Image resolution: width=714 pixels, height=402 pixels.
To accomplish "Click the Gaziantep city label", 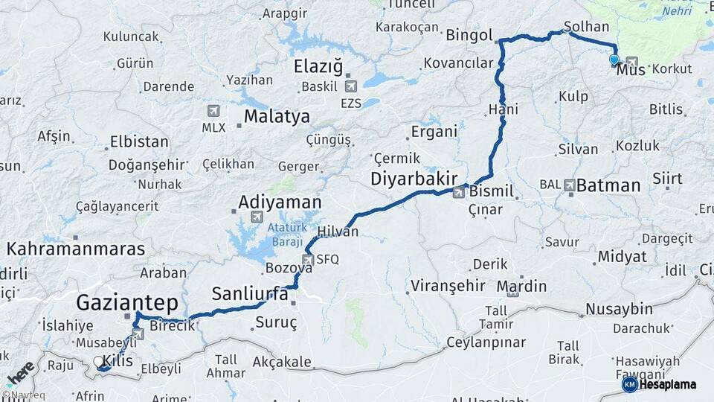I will coord(126,302).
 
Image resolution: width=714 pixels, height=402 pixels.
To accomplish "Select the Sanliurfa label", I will coord(249,293).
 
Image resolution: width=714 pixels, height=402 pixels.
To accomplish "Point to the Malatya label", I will coord(276,117).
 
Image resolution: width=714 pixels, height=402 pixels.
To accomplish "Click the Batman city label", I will coord(608,185).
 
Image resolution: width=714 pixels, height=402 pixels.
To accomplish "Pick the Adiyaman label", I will coord(279,202).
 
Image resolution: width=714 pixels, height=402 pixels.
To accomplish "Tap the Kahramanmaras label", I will coord(76,249).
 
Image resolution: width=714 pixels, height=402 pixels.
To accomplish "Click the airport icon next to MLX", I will coord(213,111).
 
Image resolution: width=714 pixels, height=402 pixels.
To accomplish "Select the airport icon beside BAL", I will coord(569,184).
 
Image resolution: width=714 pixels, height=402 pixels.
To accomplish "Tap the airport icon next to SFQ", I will coord(307,259).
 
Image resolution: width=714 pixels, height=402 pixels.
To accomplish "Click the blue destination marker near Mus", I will coord(614,60).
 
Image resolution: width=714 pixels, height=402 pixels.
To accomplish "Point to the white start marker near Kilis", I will coord(99,362).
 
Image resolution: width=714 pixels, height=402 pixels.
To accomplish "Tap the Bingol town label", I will coord(469,35).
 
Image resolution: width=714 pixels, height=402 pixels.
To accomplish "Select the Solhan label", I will coord(586,26).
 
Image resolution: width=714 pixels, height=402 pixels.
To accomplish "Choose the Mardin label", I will coord(521,286).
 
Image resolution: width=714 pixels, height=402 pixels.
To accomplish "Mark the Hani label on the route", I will coord(503,110).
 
